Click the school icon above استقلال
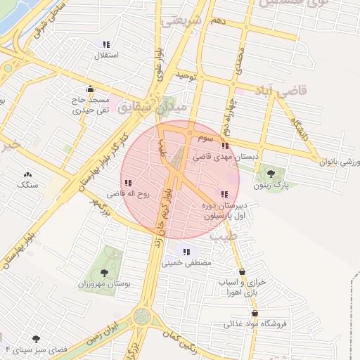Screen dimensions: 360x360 (x=106, y=44)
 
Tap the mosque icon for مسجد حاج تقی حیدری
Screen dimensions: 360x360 (x=90, y=89)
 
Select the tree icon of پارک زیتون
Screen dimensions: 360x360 (x=271, y=173)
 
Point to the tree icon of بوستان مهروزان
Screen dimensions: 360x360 (x=105, y=271)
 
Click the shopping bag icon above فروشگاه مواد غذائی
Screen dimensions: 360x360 (x=255, y=314)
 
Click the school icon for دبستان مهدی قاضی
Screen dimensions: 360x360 (x=225, y=146)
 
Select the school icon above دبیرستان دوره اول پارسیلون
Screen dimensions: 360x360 (x=224, y=194)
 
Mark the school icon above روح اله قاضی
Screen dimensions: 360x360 (x=128, y=181)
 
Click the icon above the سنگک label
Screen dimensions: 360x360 (x=27, y=174)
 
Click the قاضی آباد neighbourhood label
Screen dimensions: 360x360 (x=262, y=92)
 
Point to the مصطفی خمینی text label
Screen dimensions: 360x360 (x=186, y=264)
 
